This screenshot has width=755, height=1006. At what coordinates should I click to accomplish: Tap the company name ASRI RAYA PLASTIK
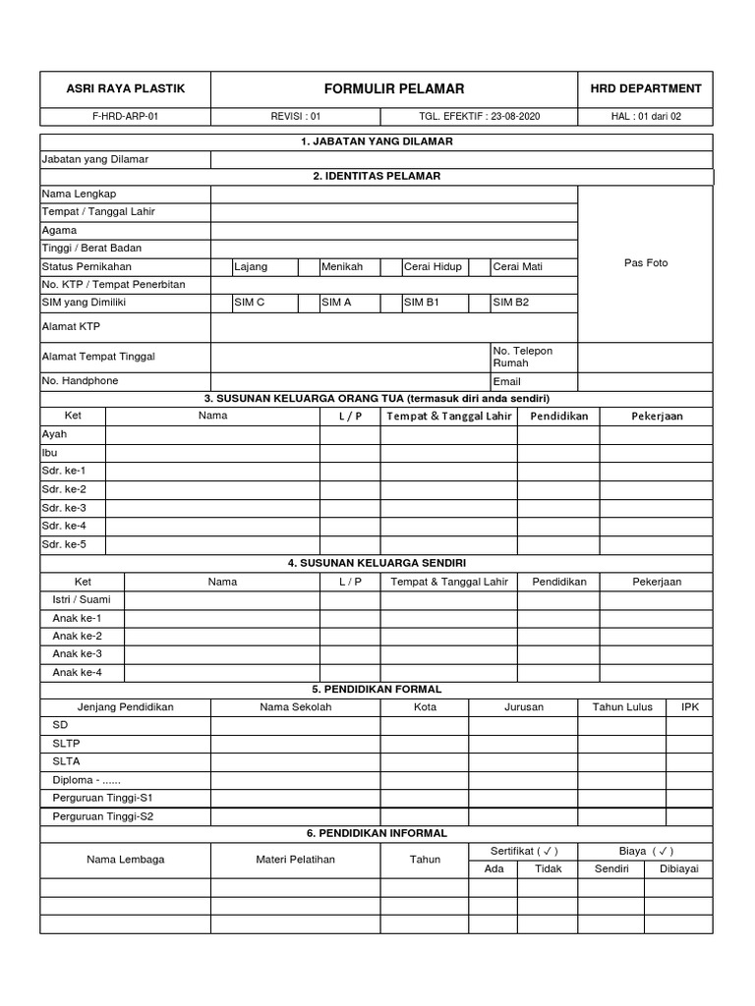coord(125,89)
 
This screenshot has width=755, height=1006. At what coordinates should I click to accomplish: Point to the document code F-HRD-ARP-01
coord(125,116)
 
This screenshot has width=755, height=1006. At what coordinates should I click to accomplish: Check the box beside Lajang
coord(221,267)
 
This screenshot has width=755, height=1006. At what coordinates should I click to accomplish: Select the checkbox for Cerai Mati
coord(479,267)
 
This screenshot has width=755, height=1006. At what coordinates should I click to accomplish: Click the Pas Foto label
coord(646,263)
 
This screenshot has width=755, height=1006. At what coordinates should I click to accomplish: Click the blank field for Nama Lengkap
coord(393,195)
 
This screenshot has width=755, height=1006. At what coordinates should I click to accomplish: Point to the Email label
coord(508,382)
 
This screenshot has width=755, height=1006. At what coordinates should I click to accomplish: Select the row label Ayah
coord(54,434)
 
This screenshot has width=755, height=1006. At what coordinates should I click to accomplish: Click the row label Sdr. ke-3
coord(64,508)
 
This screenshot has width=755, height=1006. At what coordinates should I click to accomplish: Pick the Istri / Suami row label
coord(82,600)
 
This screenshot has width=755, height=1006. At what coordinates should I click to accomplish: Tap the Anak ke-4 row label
coord(77,673)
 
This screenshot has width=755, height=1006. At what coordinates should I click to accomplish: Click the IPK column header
coord(690,707)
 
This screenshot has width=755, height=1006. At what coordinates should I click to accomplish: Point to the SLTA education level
coord(67,761)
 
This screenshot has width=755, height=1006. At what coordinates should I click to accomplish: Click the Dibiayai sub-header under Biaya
coord(678,869)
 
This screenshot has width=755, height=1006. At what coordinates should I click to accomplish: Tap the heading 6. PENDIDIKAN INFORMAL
coord(377,833)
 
